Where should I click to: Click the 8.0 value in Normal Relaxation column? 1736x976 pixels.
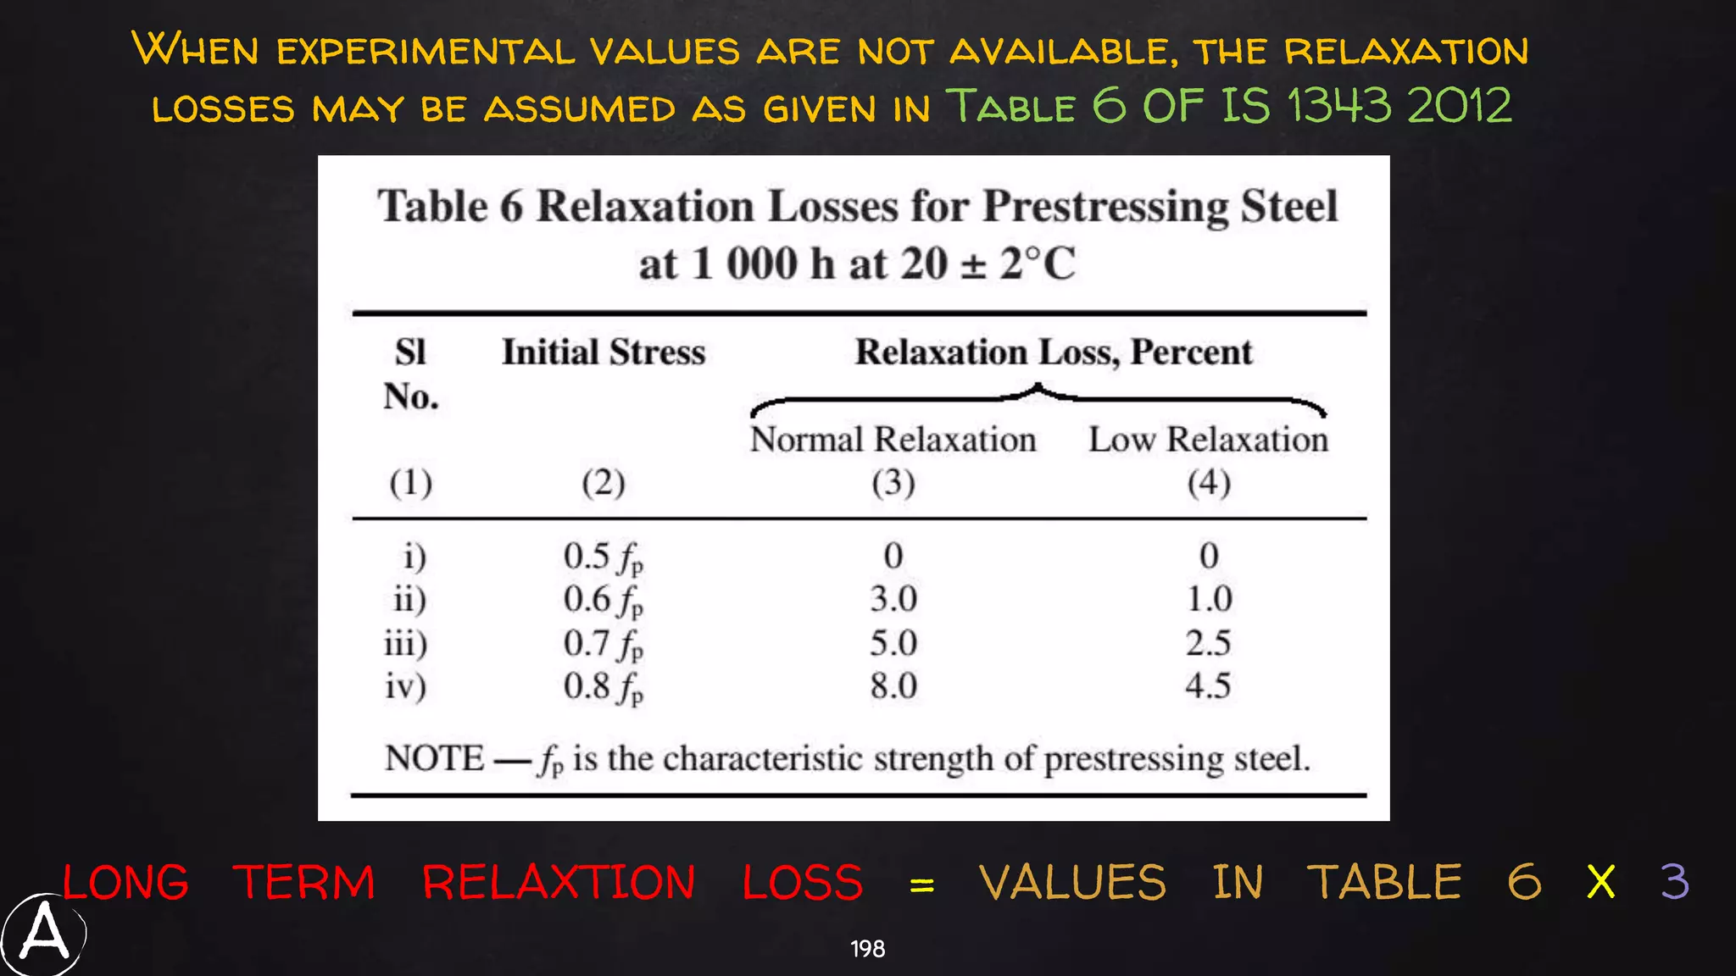[893, 685]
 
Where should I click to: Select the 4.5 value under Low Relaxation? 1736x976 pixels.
[1208, 685]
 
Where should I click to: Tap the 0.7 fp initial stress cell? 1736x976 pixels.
[603, 644]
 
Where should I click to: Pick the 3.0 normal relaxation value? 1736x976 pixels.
[893, 599]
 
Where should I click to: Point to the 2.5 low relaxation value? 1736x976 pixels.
[1208, 643]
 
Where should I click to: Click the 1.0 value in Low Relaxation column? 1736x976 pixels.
[1209, 599]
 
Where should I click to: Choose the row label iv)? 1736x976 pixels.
[405, 685]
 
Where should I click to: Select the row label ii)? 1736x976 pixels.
[409, 599]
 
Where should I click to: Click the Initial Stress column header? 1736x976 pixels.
[603, 352]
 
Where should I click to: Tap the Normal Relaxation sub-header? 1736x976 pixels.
[893, 440]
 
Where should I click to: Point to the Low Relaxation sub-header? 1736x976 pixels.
[1208, 440]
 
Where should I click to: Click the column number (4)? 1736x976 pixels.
[1208, 483]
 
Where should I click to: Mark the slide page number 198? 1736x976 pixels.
[867, 949]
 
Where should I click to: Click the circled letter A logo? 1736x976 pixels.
[43, 934]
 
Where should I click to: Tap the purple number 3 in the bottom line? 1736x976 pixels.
[1674, 882]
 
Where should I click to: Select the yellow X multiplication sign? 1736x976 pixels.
[1600, 883]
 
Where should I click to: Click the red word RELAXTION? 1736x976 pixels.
[559, 883]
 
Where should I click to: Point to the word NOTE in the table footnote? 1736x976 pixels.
[434, 758]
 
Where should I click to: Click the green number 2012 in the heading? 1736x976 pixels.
[1460, 106]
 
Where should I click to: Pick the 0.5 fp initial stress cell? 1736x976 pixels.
[603, 557]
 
